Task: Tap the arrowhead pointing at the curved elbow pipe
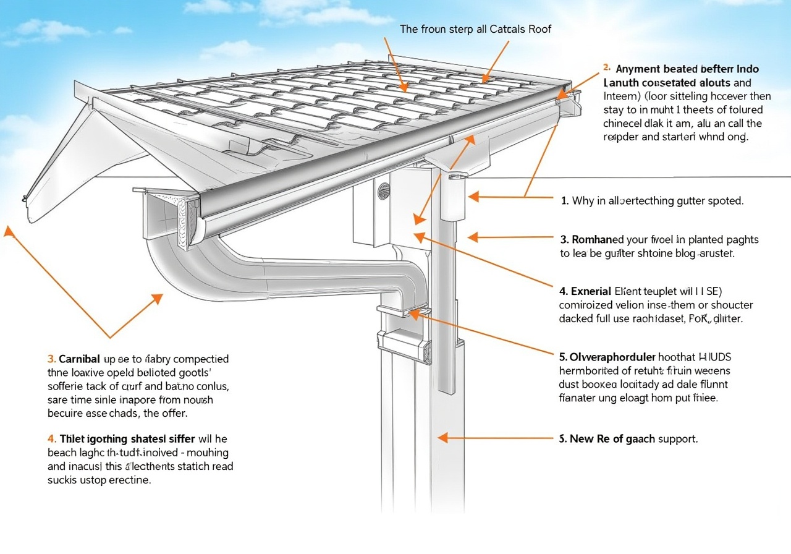[157, 299]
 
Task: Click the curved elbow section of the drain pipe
[185, 266]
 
